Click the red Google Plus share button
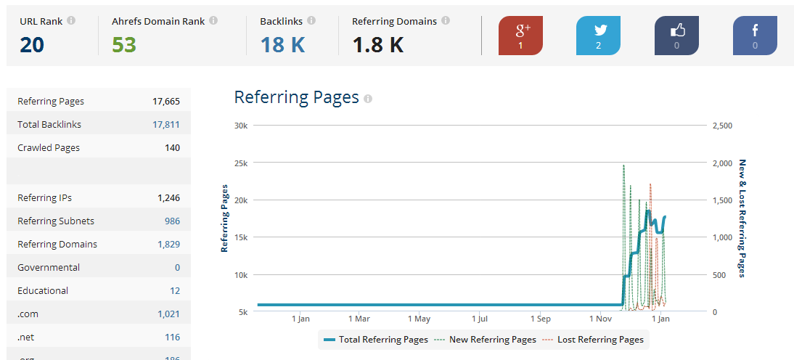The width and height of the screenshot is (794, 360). tap(520, 36)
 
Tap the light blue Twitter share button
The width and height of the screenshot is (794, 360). tap(598, 36)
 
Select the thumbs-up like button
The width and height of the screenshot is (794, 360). tap(676, 36)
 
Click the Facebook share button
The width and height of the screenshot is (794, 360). tap(755, 36)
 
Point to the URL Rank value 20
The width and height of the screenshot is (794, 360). tap(32, 45)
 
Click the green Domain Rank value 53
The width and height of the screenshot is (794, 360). tap(124, 45)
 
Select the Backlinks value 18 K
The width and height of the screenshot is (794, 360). tap(282, 45)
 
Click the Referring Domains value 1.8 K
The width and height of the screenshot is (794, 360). tap(377, 45)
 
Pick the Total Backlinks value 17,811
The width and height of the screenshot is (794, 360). tap(166, 125)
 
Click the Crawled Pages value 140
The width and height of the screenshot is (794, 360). tap(172, 148)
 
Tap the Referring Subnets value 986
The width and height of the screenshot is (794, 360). tap(172, 221)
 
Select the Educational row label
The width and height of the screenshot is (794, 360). tap(43, 290)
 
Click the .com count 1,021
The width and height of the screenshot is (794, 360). tap(168, 314)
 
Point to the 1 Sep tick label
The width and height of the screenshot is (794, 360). tap(540, 319)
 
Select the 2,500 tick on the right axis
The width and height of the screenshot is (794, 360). tap(723, 126)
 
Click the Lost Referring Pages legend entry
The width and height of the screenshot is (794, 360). tap(594, 340)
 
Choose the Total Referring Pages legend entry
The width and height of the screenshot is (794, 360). tap(376, 340)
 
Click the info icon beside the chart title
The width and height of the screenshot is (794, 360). tap(368, 99)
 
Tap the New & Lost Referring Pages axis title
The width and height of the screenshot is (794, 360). tap(742, 218)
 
